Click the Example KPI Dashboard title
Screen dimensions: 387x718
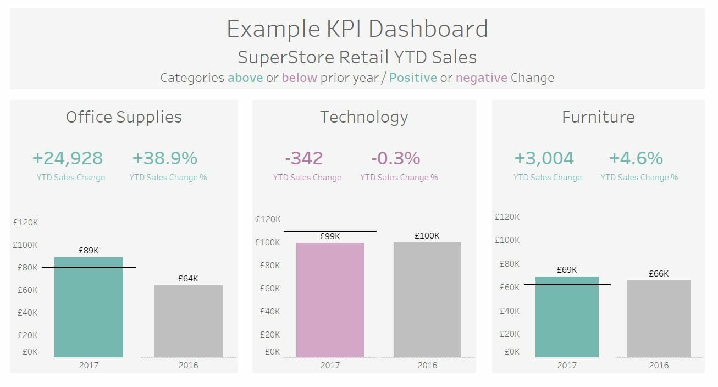(x=357, y=29)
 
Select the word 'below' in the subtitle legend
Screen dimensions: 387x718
(x=300, y=78)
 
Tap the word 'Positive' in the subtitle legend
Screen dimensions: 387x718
(x=413, y=78)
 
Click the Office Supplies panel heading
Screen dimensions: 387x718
(x=124, y=117)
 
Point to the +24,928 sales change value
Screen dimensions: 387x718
(x=68, y=158)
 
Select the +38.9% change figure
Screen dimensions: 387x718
(x=164, y=158)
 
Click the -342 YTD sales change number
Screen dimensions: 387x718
(x=304, y=158)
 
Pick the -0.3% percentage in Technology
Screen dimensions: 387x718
(x=396, y=158)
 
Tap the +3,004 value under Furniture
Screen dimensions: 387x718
(x=544, y=158)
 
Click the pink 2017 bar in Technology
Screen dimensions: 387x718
(x=330, y=300)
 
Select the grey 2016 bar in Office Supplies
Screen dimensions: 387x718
(x=188, y=321)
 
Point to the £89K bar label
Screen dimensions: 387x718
(x=89, y=250)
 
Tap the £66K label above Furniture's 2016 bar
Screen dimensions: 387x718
(x=659, y=273)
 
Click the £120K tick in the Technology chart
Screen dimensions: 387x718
(x=268, y=219)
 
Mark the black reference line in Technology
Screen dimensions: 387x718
(x=330, y=231)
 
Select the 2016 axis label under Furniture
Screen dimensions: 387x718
(x=659, y=365)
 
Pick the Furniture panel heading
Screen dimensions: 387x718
(x=598, y=117)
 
